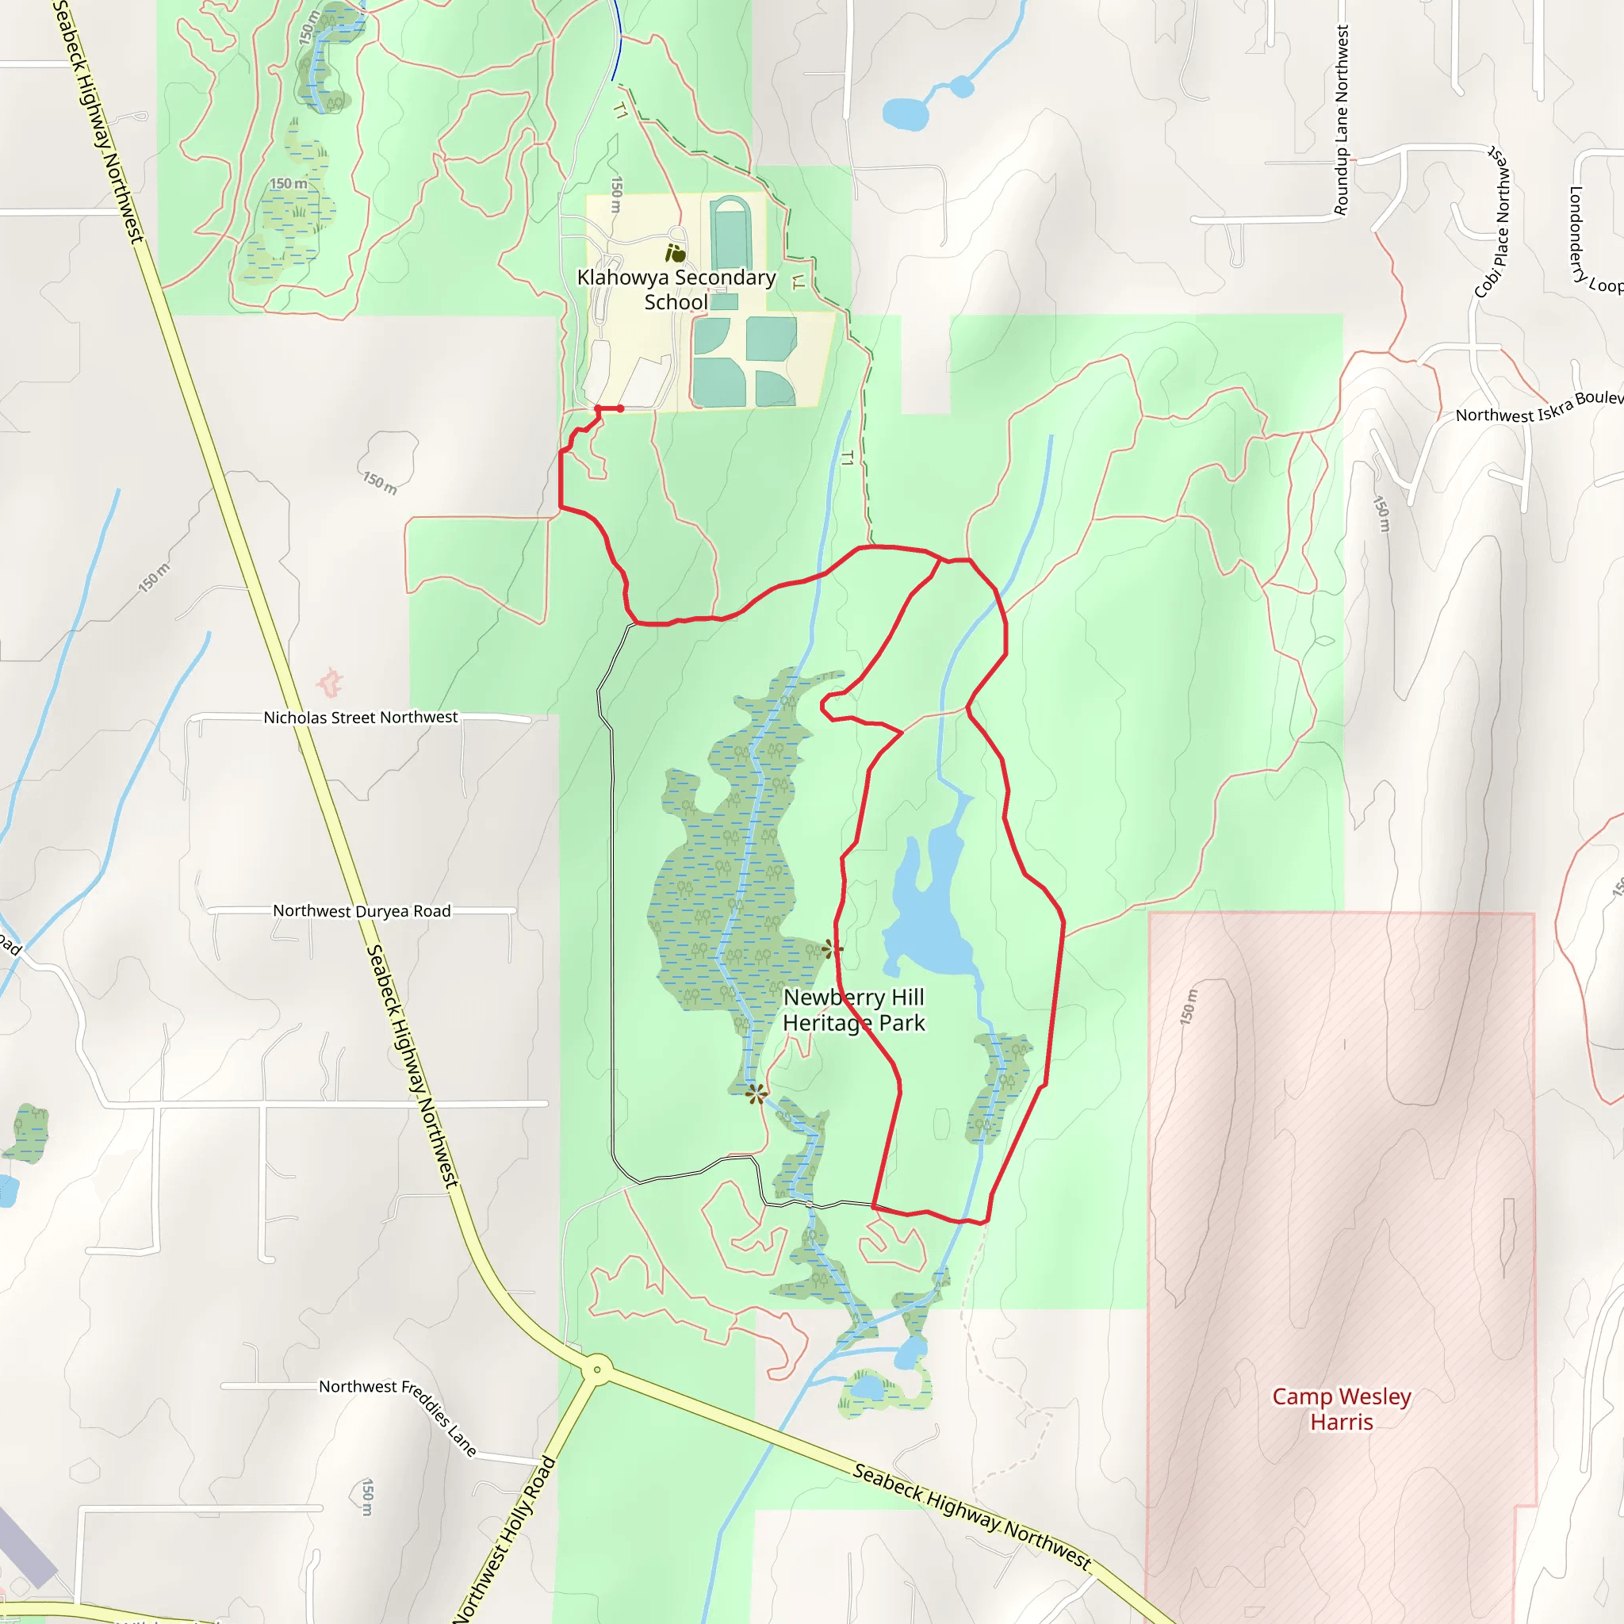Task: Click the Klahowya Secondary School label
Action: tap(676, 289)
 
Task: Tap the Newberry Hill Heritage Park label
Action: tap(853, 1009)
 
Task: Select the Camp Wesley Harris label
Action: tap(1341, 1409)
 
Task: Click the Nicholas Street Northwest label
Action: tap(361, 717)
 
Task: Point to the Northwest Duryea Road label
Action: tap(362, 911)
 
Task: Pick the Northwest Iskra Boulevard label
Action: tap(1538, 407)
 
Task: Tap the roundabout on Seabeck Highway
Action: tap(597, 1369)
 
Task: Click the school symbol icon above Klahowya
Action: tap(675, 252)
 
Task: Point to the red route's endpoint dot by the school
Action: tap(620, 408)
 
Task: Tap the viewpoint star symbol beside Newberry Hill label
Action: tap(832, 950)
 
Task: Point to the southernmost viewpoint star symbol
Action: tap(756, 1094)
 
